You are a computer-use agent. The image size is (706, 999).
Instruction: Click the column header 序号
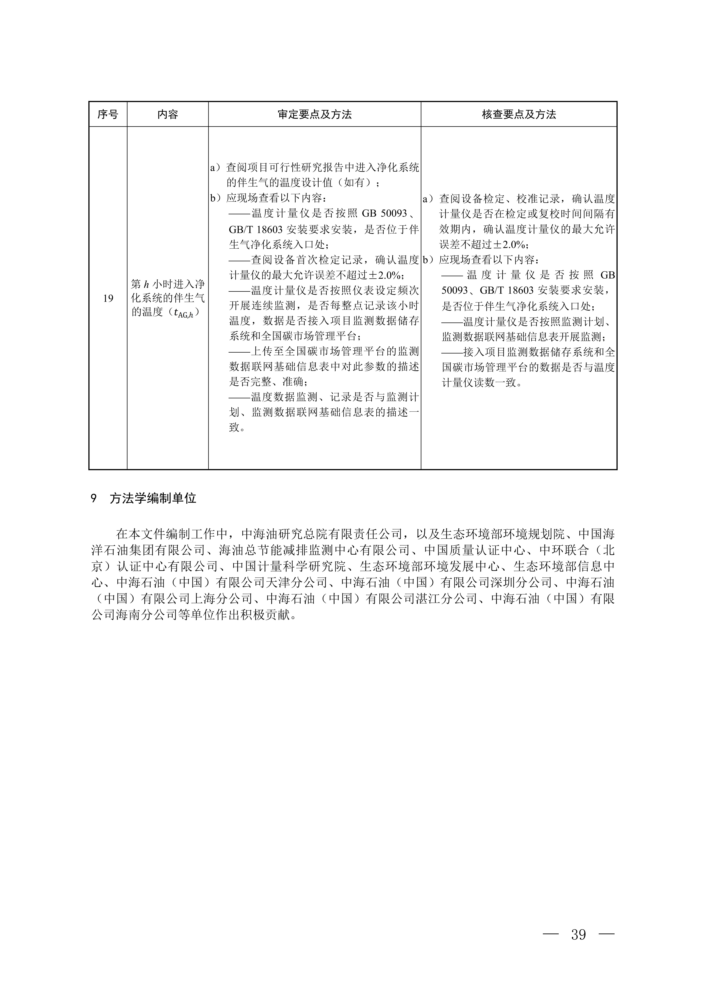pyautogui.click(x=108, y=114)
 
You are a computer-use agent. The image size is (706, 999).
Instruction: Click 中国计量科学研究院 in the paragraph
pyautogui.click(x=289, y=567)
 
